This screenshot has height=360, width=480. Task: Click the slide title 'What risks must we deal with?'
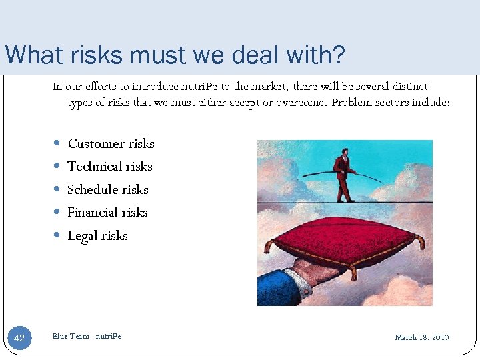tap(175, 55)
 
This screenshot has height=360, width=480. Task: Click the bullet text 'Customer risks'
tap(111, 144)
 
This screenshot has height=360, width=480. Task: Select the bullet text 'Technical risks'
tap(110, 167)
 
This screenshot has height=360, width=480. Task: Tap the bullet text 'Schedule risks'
tap(108, 190)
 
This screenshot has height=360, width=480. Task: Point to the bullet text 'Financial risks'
tap(107, 213)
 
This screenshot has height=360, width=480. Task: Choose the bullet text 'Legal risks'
tap(97, 236)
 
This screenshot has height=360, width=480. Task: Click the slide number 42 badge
tap(19, 339)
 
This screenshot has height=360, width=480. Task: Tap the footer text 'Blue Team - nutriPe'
tap(87, 336)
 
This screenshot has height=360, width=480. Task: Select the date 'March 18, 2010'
tap(422, 337)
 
